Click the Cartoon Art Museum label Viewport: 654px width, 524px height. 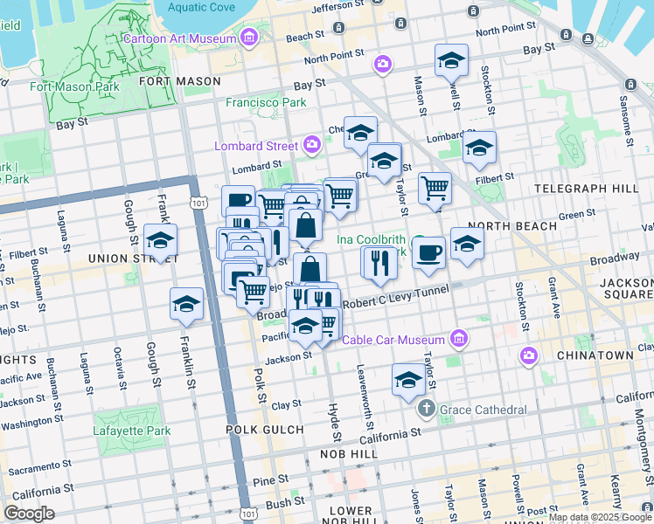(180, 38)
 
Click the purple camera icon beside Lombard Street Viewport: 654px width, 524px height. (313, 145)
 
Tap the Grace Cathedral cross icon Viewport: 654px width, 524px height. (426, 409)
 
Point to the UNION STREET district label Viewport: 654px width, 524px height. (134, 259)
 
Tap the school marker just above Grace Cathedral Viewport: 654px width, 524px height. (408, 379)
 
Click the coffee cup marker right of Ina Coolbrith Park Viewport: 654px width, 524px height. (428, 253)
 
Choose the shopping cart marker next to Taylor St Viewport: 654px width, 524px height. (435, 188)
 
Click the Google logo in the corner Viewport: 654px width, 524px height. (29, 514)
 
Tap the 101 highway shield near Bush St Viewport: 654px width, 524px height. (250, 506)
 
